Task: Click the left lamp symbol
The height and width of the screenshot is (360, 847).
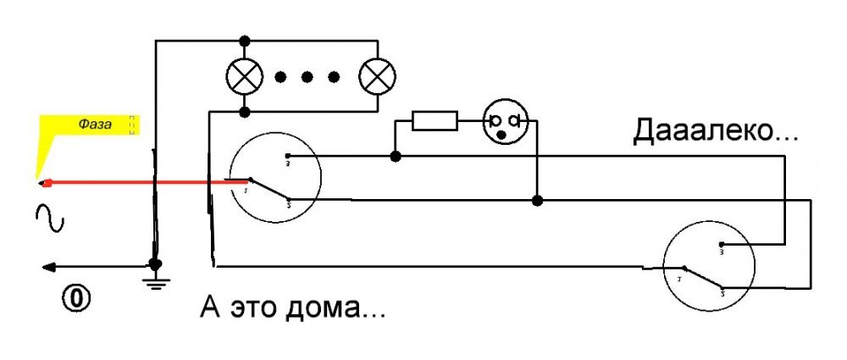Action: point(244,77)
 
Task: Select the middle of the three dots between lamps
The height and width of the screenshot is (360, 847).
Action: point(307,77)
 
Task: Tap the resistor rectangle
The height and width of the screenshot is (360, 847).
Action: point(435,120)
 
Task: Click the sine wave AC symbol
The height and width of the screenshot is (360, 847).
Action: point(49,219)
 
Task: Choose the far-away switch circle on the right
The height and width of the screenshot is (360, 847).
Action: point(708,266)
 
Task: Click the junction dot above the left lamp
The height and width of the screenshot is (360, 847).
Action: point(245,41)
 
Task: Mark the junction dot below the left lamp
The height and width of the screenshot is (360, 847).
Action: point(245,112)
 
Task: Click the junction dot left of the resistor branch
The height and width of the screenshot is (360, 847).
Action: point(395,156)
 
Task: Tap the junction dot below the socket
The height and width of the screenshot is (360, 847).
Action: point(536,201)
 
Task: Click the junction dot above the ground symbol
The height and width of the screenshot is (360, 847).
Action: point(154,263)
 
